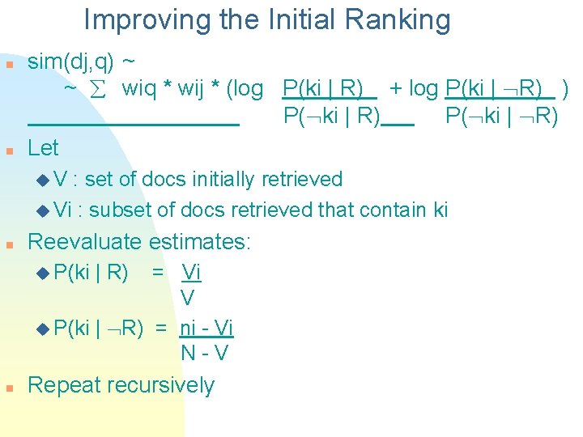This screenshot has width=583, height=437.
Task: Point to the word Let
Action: pos(43,148)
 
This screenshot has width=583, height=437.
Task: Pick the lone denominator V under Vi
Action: pos(188,299)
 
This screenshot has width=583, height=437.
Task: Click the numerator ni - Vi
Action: pos(206,328)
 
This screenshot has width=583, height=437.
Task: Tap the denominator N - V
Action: pos(204,354)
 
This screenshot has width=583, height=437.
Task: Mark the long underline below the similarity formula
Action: pos(134,125)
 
